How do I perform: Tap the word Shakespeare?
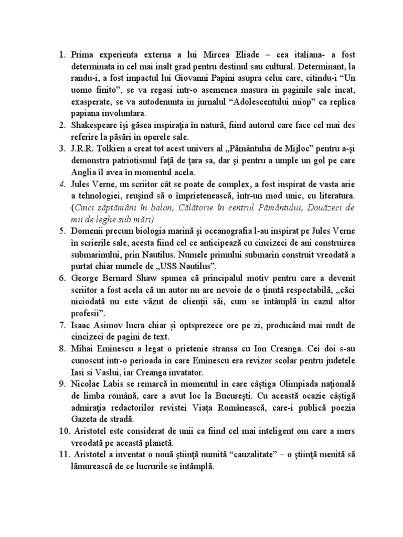click(x=96, y=124)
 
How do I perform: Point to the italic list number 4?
click(x=62, y=184)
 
